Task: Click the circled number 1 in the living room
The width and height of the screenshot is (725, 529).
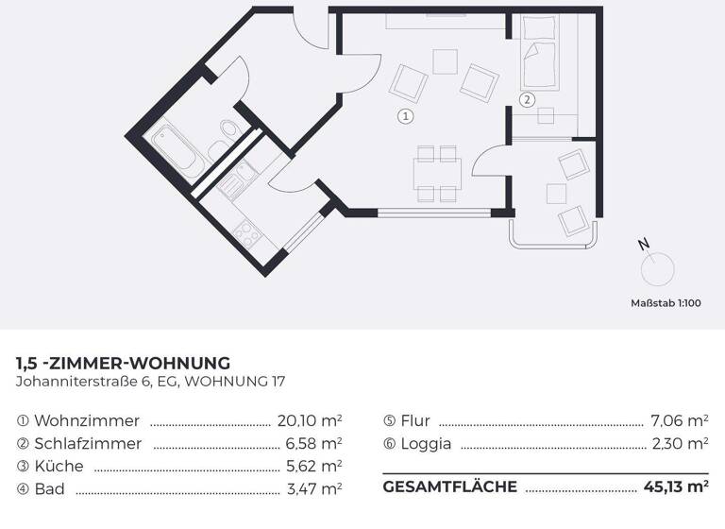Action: [405, 117]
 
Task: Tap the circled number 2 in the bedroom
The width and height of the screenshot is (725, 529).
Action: [527, 98]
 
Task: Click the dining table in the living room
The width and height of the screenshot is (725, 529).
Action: [437, 173]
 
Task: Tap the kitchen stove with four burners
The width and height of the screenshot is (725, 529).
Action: [247, 230]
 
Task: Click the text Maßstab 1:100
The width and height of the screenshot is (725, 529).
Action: [666, 303]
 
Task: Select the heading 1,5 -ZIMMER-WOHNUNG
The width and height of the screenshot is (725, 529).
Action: [123, 363]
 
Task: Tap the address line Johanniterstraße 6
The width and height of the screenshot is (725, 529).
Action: [150, 382]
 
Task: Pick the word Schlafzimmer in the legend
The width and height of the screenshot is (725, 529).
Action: [88, 443]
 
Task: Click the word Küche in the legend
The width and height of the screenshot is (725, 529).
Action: [59, 466]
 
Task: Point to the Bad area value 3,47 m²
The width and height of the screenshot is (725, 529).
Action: [313, 488]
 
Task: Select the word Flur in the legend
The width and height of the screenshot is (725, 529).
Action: [414, 420]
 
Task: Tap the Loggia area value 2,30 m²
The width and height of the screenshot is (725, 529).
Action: [680, 443]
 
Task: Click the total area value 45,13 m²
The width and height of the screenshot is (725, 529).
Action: [676, 487]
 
